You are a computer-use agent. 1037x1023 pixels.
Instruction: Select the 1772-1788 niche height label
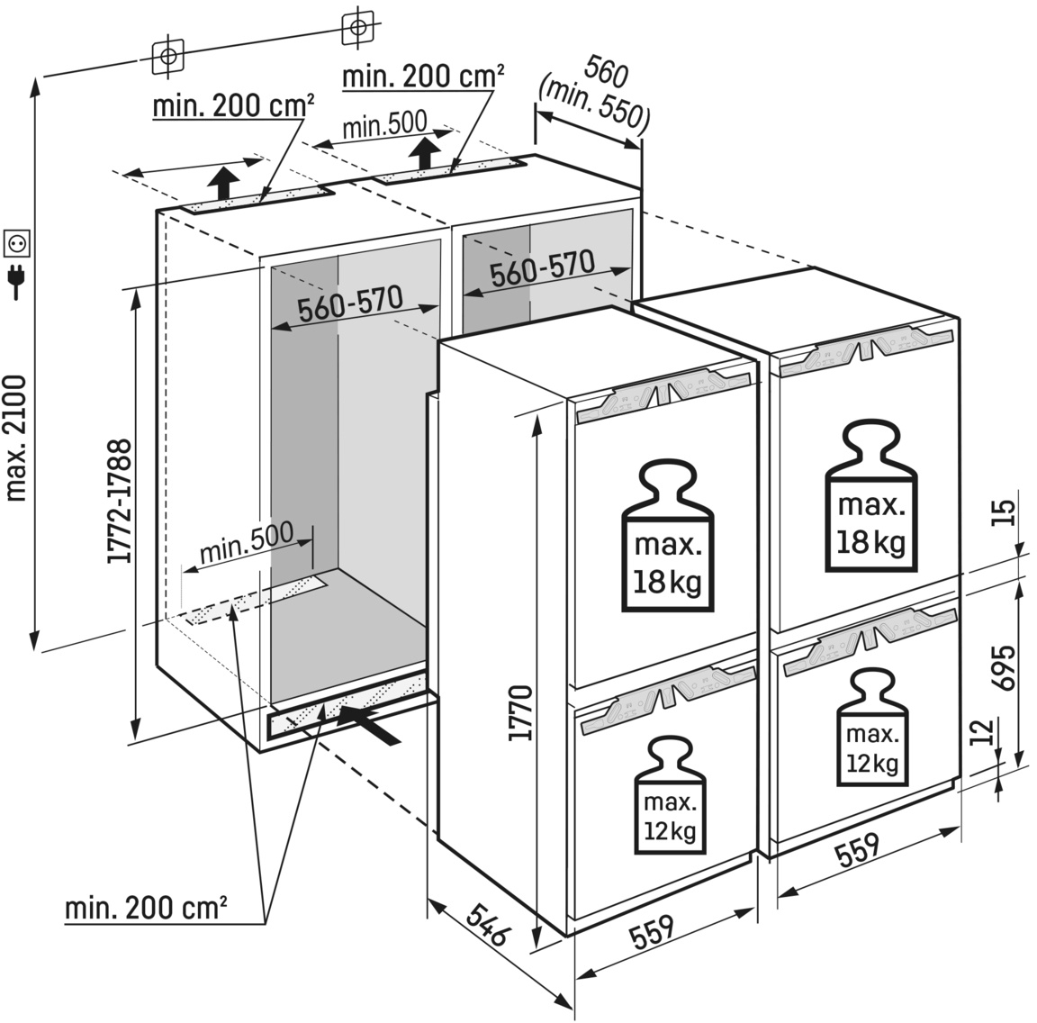tap(120, 501)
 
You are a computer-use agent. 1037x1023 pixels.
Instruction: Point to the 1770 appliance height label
tap(521, 712)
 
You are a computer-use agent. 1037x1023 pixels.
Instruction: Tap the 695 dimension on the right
tap(1005, 667)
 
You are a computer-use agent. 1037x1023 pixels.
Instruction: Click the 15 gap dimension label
tap(1005, 511)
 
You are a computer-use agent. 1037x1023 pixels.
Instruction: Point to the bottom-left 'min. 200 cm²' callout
tap(145, 908)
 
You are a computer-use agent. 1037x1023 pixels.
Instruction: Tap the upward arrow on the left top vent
tap(221, 182)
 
